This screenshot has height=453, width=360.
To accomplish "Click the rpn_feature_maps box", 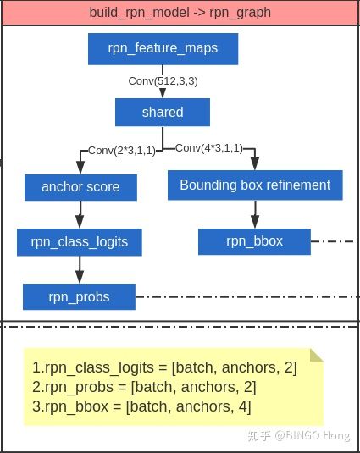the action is (163, 49).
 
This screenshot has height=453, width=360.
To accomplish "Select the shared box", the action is (163, 112).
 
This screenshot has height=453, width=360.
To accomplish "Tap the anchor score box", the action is (80, 187).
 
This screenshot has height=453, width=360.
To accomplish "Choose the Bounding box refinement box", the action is (255, 185).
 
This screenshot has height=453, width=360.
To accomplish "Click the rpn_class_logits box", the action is (80, 242).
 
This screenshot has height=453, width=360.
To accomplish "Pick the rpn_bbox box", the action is (254, 241).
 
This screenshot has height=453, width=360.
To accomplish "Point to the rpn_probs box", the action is (79, 296).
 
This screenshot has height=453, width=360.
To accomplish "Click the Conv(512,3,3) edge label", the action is (163, 81).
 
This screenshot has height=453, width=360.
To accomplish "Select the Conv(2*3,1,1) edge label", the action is (122, 151).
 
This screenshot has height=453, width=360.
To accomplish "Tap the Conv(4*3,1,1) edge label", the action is (209, 148).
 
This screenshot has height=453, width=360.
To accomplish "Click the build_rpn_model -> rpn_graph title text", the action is (180, 13).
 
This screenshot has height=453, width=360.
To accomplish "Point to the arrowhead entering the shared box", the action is (163, 93).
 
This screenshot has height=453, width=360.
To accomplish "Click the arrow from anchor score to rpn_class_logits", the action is (80, 214).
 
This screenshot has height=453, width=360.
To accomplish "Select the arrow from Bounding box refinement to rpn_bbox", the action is (255, 214).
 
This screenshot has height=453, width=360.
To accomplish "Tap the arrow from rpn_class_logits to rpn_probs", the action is (80, 269).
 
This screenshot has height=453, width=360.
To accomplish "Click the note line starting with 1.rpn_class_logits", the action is (164, 367).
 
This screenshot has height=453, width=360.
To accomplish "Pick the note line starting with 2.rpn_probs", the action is (144, 387).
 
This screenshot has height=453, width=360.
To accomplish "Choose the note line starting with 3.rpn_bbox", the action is (141, 406).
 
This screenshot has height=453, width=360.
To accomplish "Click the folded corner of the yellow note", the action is (316, 355).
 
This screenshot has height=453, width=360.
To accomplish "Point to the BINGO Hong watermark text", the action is (312, 435).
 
